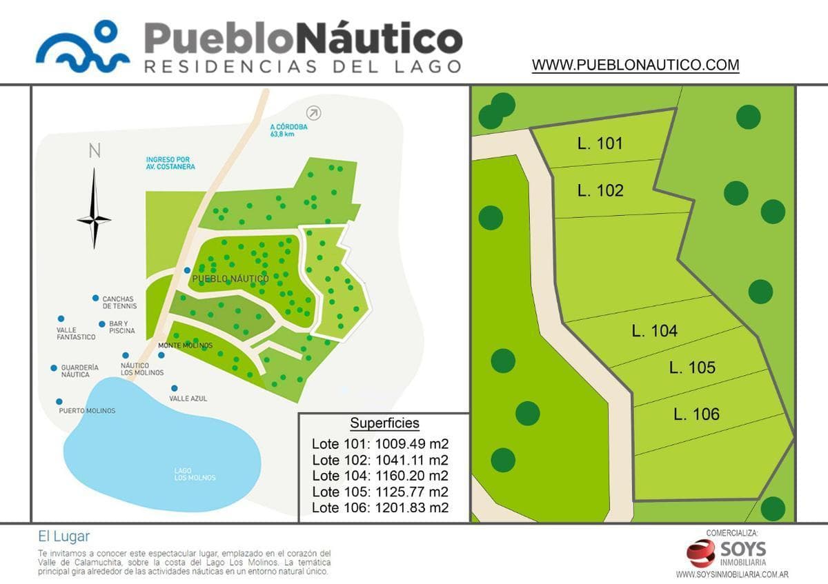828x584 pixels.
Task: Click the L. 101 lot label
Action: (600, 143)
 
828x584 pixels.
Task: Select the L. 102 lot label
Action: (600, 190)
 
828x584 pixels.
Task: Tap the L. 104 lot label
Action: (654, 331)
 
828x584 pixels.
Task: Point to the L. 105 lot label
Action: (691, 367)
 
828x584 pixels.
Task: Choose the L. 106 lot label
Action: (696, 414)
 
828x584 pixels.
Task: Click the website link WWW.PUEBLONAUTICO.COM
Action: (635, 66)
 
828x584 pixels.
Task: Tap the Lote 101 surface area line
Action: (380, 443)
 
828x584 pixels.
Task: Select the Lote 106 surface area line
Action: (380, 508)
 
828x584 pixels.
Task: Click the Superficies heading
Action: (384, 423)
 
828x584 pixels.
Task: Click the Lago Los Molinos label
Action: (195, 474)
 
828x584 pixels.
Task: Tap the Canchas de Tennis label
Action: (119, 302)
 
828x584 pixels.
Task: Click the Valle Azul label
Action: (188, 399)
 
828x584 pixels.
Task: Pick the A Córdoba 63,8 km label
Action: (289, 130)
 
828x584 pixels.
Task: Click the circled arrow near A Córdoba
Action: (314, 112)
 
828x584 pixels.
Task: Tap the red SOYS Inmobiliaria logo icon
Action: (700, 553)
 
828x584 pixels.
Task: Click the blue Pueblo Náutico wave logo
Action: (83, 46)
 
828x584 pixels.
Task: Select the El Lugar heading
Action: (64, 536)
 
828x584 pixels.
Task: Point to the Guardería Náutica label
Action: (79, 371)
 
